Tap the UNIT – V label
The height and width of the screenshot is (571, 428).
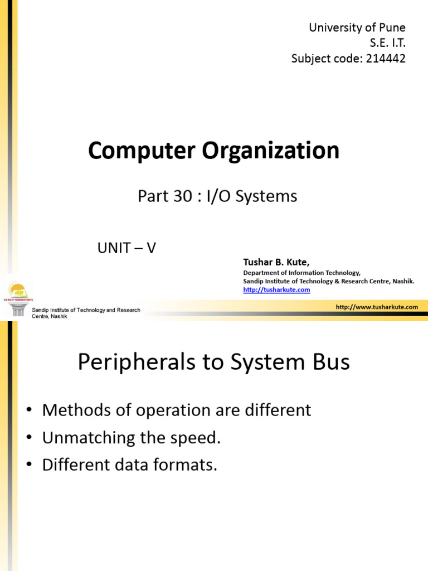[x=127, y=248]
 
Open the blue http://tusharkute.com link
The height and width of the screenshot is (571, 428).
[x=276, y=289]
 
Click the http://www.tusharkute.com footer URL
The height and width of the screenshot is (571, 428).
[x=377, y=307]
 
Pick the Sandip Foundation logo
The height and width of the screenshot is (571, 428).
[x=19, y=292]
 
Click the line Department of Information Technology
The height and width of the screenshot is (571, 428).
[x=301, y=273]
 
